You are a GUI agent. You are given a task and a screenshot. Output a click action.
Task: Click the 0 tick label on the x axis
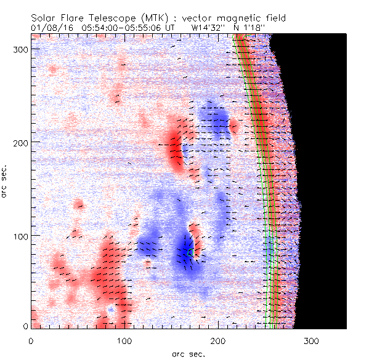(x=31, y=340)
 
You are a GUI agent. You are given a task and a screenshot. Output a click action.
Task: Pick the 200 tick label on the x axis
(x=219, y=340)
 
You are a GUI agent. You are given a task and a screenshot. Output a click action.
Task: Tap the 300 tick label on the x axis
(x=312, y=340)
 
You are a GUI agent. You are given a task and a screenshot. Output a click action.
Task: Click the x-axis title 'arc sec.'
(x=188, y=354)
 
